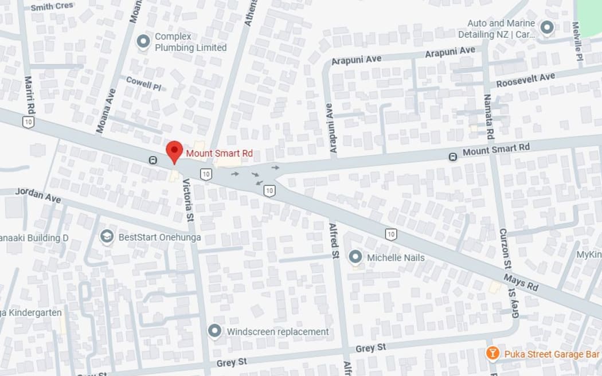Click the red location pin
coord(174,151)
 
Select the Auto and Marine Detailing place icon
coord(547,28)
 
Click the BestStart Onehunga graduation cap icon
coord(107,237)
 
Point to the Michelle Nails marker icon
coord(355,257)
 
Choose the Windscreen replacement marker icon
coord(215,331)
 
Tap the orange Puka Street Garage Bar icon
coord(492,354)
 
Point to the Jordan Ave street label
coord(38,195)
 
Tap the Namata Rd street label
coord(488,117)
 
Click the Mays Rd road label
coord(521,282)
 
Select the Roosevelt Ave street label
coord(525,80)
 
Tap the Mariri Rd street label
coord(29,96)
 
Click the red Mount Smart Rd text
coord(220,154)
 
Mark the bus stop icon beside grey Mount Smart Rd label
coord(453,156)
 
